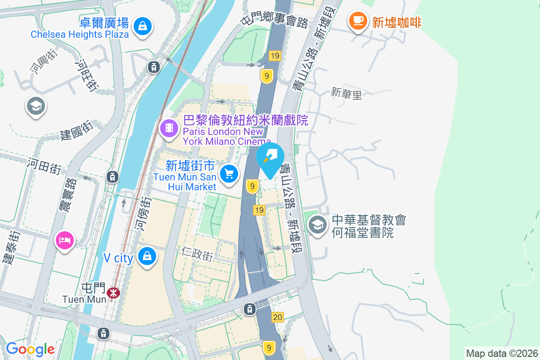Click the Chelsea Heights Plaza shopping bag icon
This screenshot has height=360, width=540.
click(143, 26)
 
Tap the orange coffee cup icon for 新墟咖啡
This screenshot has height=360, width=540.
click(358, 20)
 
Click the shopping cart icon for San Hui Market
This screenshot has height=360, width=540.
click(229, 173)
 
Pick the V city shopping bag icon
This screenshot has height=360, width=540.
click(147, 256)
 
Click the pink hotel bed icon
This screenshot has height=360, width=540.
click(65, 240)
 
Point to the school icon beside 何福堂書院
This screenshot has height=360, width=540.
click(318, 224)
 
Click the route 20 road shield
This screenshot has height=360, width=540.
click(278, 318)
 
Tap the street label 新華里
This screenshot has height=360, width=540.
click(346, 94)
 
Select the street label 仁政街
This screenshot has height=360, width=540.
click(198, 254)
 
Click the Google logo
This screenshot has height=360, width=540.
click(30, 349)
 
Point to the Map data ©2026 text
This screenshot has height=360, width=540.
click(501, 353)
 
